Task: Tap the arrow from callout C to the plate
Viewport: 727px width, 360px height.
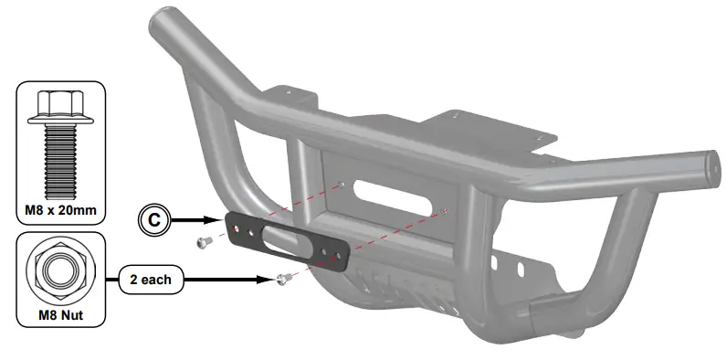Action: [x=196, y=220]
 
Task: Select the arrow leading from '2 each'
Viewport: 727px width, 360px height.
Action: [x=228, y=278]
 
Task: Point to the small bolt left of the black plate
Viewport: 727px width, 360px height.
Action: [x=204, y=242]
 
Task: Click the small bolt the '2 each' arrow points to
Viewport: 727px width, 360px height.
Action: [x=284, y=279]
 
